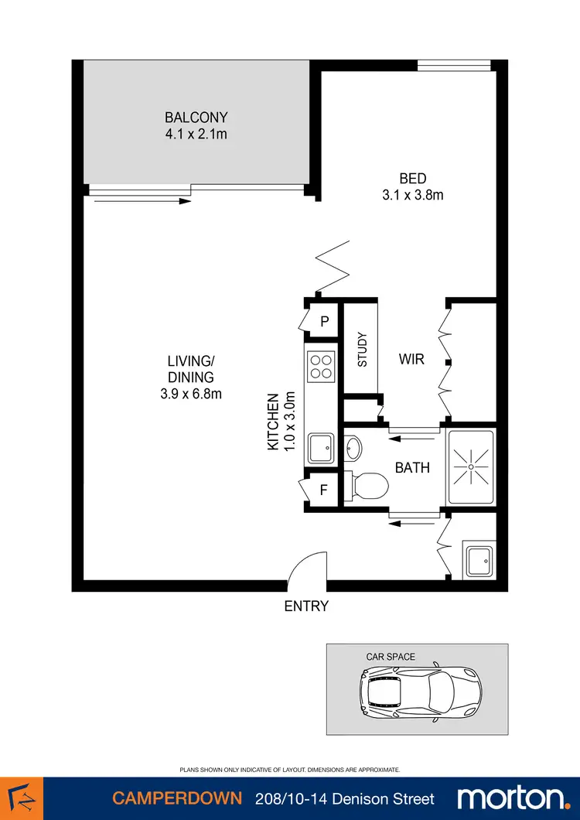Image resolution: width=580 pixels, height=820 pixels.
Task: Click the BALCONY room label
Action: click(x=196, y=118)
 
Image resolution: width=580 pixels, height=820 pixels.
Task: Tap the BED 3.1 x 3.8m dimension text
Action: click(x=413, y=195)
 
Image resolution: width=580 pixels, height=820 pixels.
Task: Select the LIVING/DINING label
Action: click(x=189, y=369)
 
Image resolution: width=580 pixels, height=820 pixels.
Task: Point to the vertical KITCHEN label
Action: click(x=272, y=422)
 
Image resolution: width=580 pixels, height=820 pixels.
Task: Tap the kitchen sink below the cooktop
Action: click(x=321, y=446)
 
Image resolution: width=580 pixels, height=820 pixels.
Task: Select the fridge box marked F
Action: click(x=324, y=490)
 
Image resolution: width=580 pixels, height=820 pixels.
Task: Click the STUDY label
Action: click(x=361, y=349)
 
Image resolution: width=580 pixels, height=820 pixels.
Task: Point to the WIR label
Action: click(x=411, y=360)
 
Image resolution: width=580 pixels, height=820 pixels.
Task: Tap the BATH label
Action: click(x=412, y=468)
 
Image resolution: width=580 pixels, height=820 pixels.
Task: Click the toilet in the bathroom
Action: click(x=367, y=486)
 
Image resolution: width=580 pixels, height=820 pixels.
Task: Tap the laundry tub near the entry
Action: click(x=478, y=559)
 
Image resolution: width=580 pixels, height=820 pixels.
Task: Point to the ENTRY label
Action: click(x=306, y=606)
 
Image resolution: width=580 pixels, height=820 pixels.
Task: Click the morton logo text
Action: click(x=511, y=798)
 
